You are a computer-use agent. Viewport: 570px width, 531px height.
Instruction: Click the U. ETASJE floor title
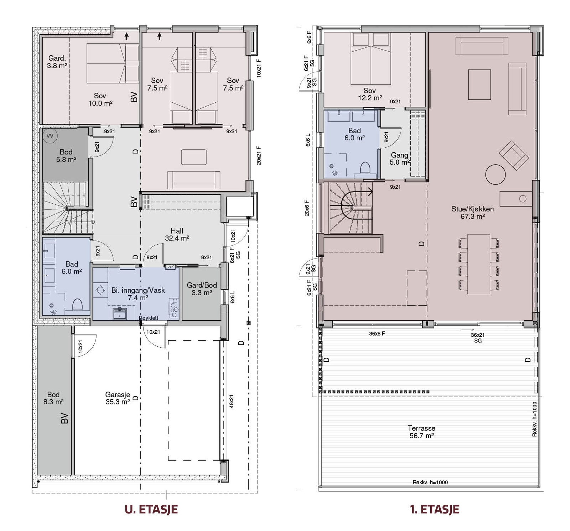click(151, 509)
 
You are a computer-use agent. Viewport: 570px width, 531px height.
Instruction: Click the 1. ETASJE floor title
click(435, 509)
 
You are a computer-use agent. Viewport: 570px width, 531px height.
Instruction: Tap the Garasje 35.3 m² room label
click(118, 398)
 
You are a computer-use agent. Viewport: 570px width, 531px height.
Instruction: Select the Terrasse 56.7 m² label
click(421, 432)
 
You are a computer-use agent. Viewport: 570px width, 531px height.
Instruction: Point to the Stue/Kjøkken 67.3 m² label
click(472, 213)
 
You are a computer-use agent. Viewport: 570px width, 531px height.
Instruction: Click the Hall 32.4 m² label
click(177, 234)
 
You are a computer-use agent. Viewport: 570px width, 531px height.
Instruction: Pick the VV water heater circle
click(50, 136)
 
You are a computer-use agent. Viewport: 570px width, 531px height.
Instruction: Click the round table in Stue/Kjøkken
click(495, 174)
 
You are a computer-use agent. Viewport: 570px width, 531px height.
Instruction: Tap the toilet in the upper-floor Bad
click(366, 168)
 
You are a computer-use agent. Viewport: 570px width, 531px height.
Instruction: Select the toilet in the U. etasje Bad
click(78, 305)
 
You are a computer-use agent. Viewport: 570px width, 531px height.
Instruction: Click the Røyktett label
click(149, 318)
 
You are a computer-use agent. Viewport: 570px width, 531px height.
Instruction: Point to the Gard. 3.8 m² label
click(57, 62)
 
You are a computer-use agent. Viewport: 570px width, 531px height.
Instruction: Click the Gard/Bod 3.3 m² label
click(202, 289)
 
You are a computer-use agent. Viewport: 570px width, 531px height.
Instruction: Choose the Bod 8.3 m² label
click(53, 398)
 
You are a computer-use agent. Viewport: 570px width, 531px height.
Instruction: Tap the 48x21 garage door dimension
click(232, 401)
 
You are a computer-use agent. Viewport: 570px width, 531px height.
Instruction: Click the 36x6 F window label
click(377, 334)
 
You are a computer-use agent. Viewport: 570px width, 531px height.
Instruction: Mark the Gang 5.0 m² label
click(399, 159)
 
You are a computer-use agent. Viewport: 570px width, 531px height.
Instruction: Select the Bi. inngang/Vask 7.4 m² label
click(138, 294)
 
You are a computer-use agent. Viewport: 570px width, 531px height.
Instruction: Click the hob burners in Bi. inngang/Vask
click(174, 308)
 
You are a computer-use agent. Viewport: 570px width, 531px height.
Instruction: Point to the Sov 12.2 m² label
click(370, 94)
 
